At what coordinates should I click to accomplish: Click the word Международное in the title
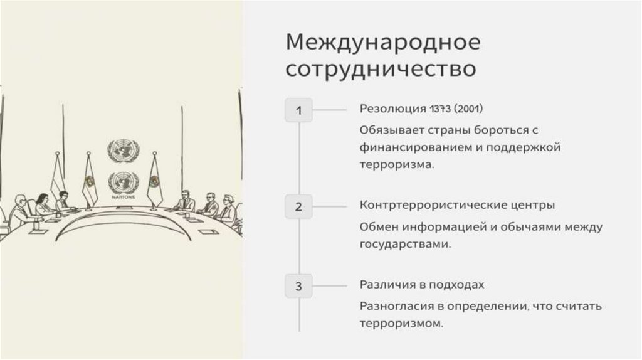[383, 44]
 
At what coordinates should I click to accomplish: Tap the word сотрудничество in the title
[380, 68]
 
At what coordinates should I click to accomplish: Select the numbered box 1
[298, 110]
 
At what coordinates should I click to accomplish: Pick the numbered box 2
[298, 207]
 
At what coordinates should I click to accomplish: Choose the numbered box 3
[298, 287]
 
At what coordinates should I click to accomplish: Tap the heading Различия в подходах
[422, 285]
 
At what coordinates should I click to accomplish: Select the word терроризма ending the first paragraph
[396, 165]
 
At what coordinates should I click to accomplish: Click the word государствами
[405, 244]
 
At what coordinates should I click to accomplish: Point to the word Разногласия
[393, 307]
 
